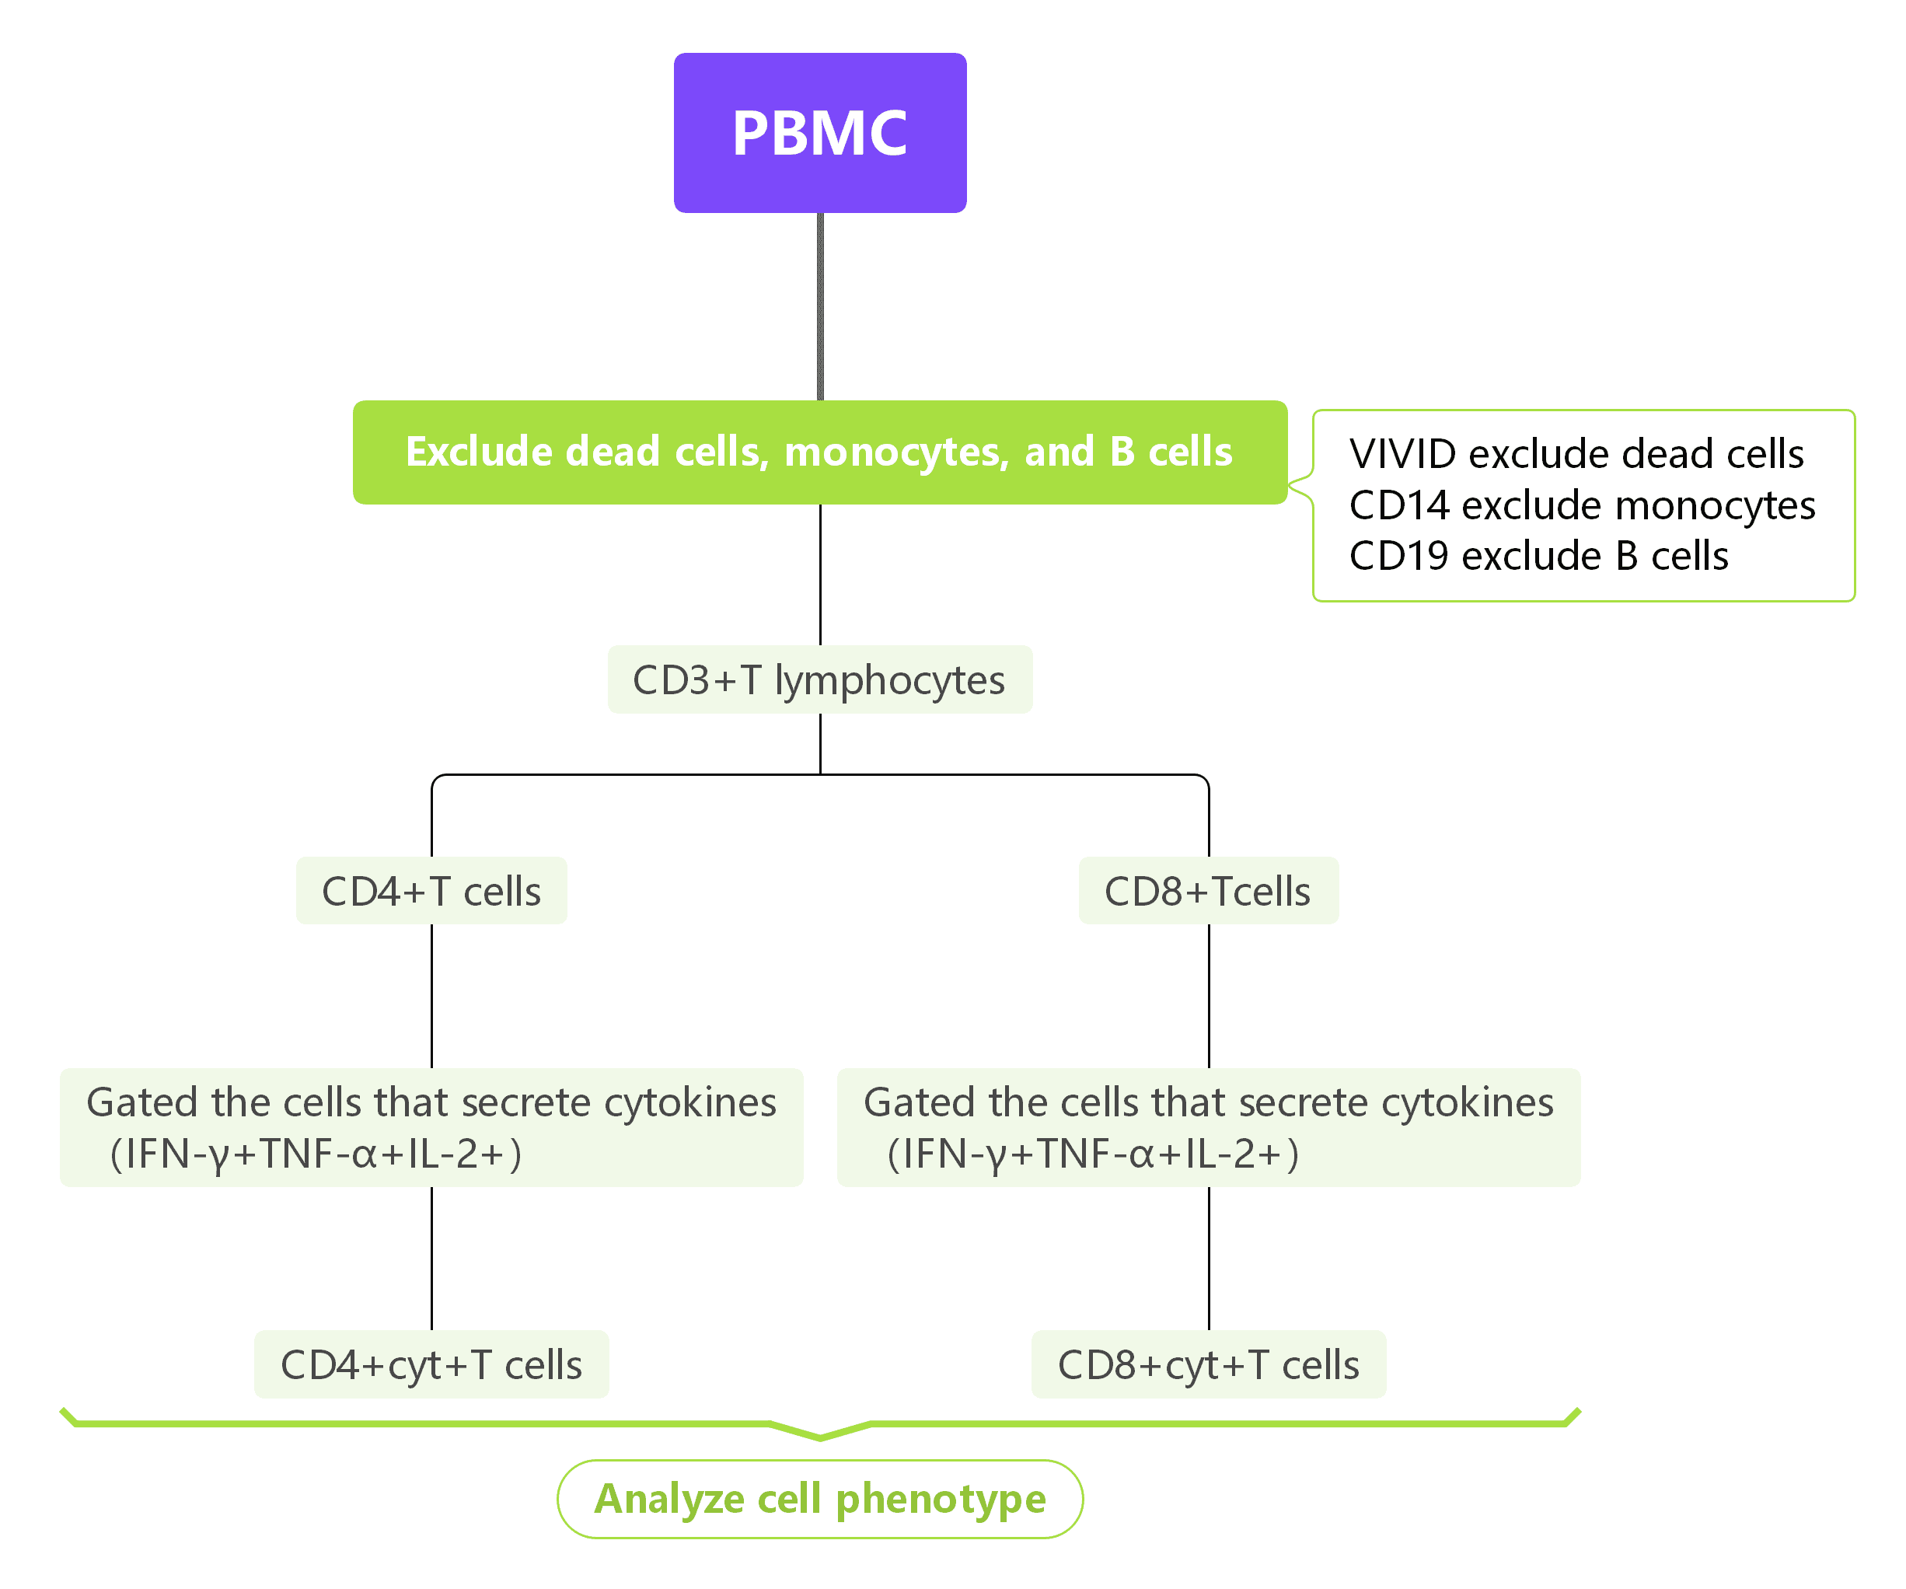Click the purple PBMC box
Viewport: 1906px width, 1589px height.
click(819, 132)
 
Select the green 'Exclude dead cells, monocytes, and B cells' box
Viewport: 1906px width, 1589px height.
click(819, 452)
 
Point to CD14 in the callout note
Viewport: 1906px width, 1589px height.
click(1398, 505)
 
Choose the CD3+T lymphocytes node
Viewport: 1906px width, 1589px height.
click(819, 679)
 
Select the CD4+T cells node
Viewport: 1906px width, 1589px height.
click(431, 891)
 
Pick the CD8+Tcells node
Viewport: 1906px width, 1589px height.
click(1208, 891)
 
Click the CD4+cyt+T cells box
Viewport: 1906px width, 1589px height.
click(431, 1364)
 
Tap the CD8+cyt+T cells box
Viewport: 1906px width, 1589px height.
click(1208, 1364)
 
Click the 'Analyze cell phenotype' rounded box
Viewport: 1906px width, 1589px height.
click(819, 1498)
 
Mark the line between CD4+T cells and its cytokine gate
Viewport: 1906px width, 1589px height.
click(431, 997)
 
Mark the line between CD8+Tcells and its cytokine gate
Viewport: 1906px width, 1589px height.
click(1209, 997)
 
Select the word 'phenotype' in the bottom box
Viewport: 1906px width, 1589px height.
click(941, 1499)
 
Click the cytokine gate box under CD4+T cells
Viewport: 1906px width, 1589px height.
click(431, 1127)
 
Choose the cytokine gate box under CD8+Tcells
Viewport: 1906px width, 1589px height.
click(1208, 1127)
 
